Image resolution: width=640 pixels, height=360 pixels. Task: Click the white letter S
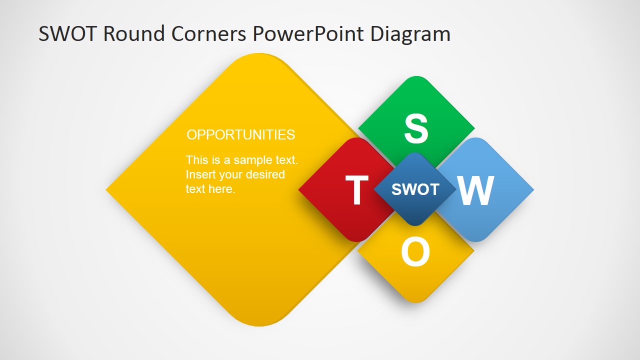coord(416,129)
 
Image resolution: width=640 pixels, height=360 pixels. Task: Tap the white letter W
coord(475,191)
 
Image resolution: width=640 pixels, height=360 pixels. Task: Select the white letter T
coord(356,190)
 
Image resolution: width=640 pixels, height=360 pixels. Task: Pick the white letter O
coord(415,252)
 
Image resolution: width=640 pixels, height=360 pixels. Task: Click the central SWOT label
coord(415,189)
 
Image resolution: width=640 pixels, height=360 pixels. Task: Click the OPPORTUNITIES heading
coord(240,134)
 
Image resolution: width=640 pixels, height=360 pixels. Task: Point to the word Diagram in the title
coord(410,34)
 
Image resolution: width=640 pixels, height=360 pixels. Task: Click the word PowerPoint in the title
coord(308,34)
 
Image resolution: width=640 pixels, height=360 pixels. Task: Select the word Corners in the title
coord(208,34)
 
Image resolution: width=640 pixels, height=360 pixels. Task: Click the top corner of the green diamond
coord(416,78)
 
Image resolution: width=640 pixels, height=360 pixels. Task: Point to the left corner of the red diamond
coord(300,190)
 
